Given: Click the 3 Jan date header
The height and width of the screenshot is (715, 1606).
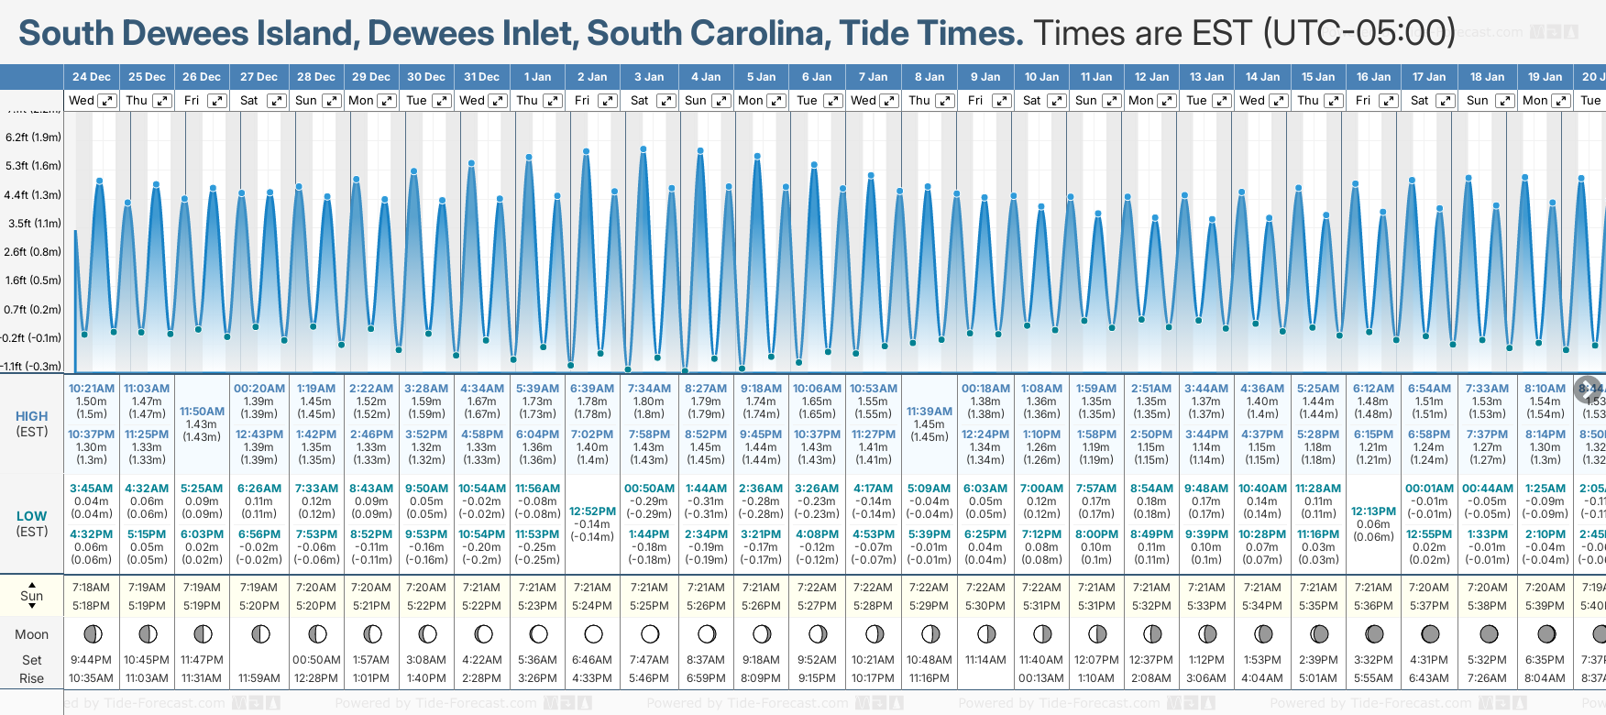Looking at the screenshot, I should coord(649,77).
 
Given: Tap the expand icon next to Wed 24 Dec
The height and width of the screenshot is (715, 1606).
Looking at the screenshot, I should coord(107,101).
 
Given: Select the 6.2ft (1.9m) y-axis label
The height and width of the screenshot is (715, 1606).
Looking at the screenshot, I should coord(33,137).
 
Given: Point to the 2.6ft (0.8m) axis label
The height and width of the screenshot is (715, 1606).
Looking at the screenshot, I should coord(33,251).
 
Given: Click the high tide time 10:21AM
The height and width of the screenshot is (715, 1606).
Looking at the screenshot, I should coord(92,389).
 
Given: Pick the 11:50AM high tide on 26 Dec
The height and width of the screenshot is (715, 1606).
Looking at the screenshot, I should coord(202,412).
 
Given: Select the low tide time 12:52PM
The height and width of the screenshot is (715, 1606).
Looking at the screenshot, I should coord(592,511).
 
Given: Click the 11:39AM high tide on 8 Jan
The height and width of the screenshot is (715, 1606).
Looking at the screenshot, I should coord(929,412).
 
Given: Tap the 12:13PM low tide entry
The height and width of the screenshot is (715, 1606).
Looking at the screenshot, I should coord(1373,511).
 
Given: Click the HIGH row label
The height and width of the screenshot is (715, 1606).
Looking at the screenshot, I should coord(31,416).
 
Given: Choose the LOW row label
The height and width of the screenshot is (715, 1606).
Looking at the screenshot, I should coord(31,516).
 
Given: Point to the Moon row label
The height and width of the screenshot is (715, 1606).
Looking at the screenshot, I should coord(31,634).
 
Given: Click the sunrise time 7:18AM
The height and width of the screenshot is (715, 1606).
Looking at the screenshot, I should coord(91,588).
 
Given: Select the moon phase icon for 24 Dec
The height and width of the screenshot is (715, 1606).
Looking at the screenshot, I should coord(92,633).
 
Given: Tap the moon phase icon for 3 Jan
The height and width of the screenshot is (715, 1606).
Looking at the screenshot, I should coord(650,633).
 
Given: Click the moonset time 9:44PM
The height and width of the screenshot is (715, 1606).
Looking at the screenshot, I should coord(91,660).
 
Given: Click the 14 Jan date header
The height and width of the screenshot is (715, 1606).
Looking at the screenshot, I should coord(1264,77).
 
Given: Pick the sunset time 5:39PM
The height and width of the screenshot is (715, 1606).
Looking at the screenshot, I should coord(1545,606).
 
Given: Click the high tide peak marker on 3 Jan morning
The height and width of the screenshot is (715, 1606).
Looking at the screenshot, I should coord(643,148).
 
